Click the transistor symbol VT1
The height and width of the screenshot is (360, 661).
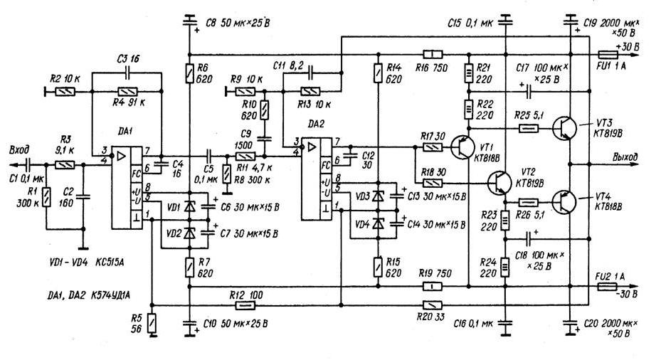[x=463, y=147]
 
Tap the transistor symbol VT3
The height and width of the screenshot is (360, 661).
[x=565, y=127]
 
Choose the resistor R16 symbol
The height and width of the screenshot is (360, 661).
[x=432, y=54]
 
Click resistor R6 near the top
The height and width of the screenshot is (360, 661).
[x=190, y=73]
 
